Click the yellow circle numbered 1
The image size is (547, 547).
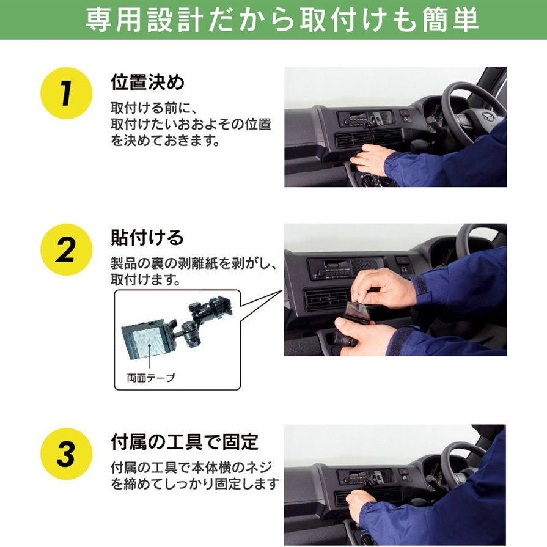pos(66,93)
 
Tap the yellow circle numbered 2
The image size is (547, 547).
pos(66,249)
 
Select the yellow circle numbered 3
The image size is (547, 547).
pos(66,453)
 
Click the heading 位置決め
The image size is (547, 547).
pos(147,83)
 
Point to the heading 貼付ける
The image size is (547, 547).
pos(147,238)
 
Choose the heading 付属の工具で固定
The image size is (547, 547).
pos(185,442)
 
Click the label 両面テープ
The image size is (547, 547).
pos(151,378)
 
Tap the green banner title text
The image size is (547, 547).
pos(282,20)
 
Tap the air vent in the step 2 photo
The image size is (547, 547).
pos(328,299)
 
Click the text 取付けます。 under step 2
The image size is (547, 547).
pos(145,279)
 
